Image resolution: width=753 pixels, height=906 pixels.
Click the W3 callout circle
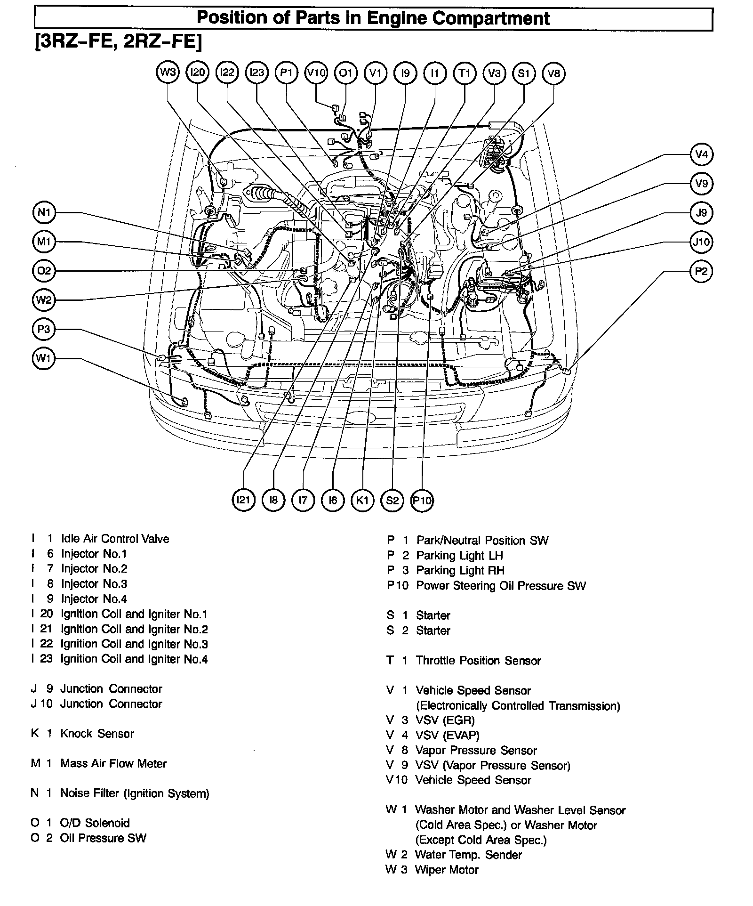168,73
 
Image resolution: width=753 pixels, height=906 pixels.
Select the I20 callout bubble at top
197,73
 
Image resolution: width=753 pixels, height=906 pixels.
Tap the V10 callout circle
316,73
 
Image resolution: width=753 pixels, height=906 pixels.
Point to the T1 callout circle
465,73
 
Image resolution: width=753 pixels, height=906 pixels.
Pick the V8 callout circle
553,73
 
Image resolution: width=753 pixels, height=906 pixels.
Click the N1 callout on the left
44,213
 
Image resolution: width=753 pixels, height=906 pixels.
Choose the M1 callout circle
44,242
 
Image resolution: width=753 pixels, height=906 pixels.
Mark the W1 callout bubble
44,359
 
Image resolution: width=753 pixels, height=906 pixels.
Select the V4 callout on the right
701,154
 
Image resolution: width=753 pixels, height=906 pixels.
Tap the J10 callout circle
701,243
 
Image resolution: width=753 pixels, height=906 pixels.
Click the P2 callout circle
701,272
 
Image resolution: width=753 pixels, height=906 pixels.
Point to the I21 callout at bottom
244,500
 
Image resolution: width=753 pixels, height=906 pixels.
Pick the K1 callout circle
362,500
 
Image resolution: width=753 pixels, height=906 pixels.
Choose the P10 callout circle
422,500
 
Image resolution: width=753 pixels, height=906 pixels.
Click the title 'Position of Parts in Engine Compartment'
373,18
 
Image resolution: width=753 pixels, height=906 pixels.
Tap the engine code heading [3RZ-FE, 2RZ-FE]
118,42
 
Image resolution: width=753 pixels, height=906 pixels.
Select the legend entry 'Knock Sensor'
97,734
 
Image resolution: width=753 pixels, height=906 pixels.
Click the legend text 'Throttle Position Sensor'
478,661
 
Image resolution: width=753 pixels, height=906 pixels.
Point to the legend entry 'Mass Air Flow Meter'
113,763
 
